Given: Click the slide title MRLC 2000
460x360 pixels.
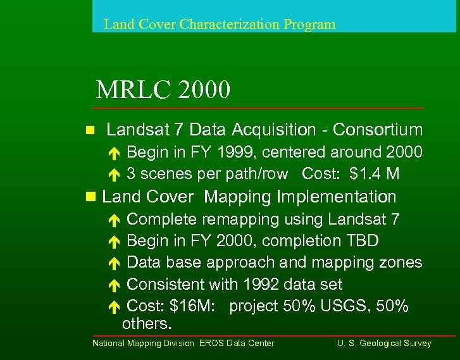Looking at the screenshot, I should point(163,90).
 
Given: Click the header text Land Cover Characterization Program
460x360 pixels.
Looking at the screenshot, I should point(219,25).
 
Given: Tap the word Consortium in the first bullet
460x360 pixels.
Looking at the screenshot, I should point(378,130).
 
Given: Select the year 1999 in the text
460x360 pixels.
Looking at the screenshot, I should point(237,152).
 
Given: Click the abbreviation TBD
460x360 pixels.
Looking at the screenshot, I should point(363,241).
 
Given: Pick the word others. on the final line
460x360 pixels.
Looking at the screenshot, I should point(147,324).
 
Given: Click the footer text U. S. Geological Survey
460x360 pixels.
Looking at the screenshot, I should point(384,344).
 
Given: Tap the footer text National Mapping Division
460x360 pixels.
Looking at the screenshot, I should point(144,344).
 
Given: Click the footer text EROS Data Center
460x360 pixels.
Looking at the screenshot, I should point(237,344).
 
